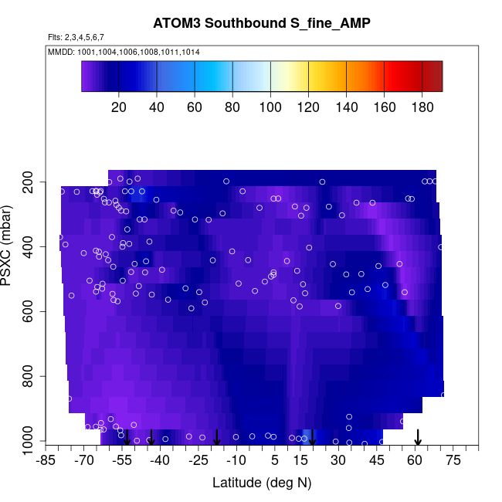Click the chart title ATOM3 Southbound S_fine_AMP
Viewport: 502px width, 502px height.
(x=262, y=23)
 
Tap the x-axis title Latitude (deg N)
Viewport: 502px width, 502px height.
(x=262, y=483)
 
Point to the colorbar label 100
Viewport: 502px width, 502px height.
(x=271, y=106)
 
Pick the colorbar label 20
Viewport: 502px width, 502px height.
(x=119, y=106)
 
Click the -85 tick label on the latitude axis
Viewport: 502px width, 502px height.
(x=47, y=461)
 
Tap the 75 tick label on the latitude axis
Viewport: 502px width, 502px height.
(x=453, y=461)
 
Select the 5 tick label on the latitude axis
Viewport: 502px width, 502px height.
(x=275, y=461)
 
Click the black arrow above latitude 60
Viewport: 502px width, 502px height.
(x=418, y=438)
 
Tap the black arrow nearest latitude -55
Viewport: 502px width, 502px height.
(x=127, y=438)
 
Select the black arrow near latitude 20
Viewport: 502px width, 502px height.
(x=313, y=438)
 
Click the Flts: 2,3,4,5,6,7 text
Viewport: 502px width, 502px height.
(x=76, y=37)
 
